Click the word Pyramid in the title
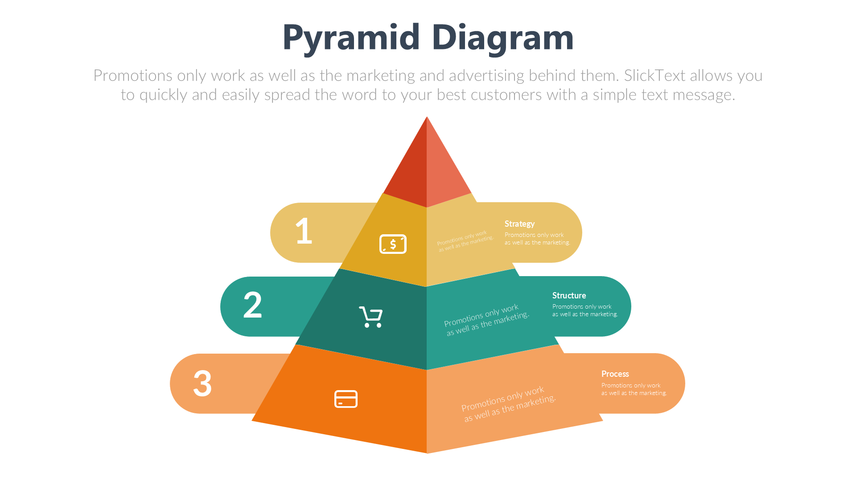click(x=351, y=38)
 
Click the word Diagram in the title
click(x=502, y=38)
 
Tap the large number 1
click(x=304, y=231)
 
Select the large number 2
click(x=252, y=305)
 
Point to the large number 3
click(x=202, y=383)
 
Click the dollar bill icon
click(x=393, y=244)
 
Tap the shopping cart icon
click(x=371, y=317)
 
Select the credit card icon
click(x=346, y=399)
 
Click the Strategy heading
click(x=519, y=224)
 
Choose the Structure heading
click(x=569, y=295)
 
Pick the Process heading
click(x=615, y=374)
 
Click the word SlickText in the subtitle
click(x=654, y=76)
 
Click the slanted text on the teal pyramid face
click(x=486, y=320)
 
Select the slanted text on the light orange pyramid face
click(x=508, y=404)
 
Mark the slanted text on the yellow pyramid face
click(x=465, y=241)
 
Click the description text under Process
click(x=634, y=389)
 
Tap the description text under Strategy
click(x=537, y=239)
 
